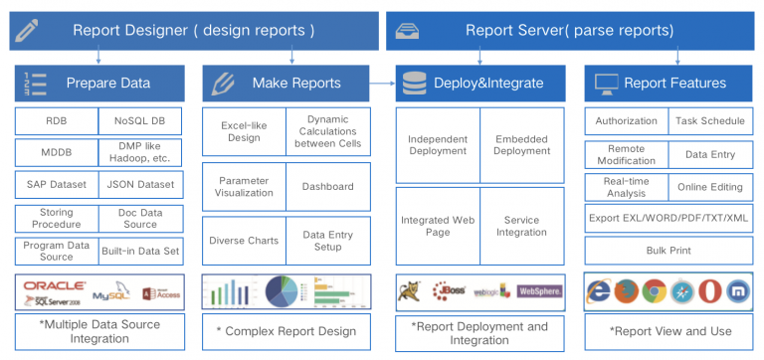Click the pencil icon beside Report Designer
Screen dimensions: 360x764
point(26,29)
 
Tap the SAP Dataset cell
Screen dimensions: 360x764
point(56,185)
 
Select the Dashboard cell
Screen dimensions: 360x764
point(328,186)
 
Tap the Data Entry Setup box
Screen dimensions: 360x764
point(328,241)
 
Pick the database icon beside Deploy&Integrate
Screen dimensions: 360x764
point(412,84)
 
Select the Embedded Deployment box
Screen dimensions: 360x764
point(522,145)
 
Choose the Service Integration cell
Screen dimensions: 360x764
point(522,227)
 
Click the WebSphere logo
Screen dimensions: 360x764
point(540,292)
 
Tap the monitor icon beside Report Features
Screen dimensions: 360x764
point(604,84)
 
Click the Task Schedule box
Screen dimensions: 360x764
point(709,121)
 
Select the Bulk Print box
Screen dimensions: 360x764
point(668,250)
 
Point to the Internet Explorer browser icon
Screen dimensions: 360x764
point(599,291)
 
